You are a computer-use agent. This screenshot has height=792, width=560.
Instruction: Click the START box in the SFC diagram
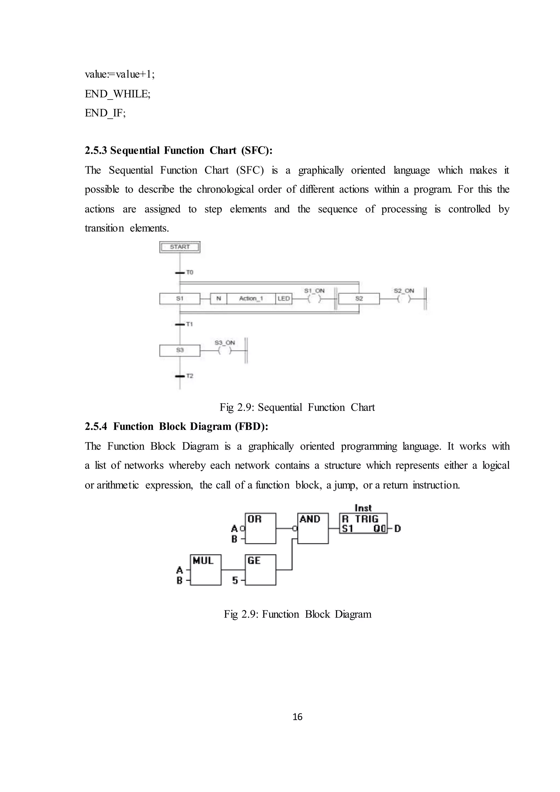[x=180, y=247]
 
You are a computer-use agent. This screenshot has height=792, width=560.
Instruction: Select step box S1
[x=180, y=299]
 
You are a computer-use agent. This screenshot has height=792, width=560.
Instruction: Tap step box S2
[x=359, y=299]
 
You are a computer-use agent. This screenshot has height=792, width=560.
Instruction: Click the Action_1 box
[x=251, y=299]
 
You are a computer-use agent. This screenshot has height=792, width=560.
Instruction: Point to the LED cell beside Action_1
[x=284, y=299]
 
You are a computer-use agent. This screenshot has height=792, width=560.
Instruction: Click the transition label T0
[x=190, y=272]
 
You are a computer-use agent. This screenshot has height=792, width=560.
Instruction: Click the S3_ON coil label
[x=224, y=342]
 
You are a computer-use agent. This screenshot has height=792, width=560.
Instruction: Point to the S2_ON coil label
[x=404, y=291]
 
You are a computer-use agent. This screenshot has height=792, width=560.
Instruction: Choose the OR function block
[x=260, y=528]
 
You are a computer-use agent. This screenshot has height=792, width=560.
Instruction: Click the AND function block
[x=313, y=528]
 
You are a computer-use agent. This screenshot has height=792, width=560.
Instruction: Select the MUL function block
[x=206, y=570]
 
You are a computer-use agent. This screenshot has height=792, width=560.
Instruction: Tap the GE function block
[x=260, y=570]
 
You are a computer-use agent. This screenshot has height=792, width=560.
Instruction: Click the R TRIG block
[x=363, y=523]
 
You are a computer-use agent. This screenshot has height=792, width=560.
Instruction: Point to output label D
[x=397, y=529]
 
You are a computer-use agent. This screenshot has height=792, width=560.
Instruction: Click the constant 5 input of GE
[x=235, y=581]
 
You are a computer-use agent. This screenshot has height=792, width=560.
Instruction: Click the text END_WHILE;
[x=118, y=94]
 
